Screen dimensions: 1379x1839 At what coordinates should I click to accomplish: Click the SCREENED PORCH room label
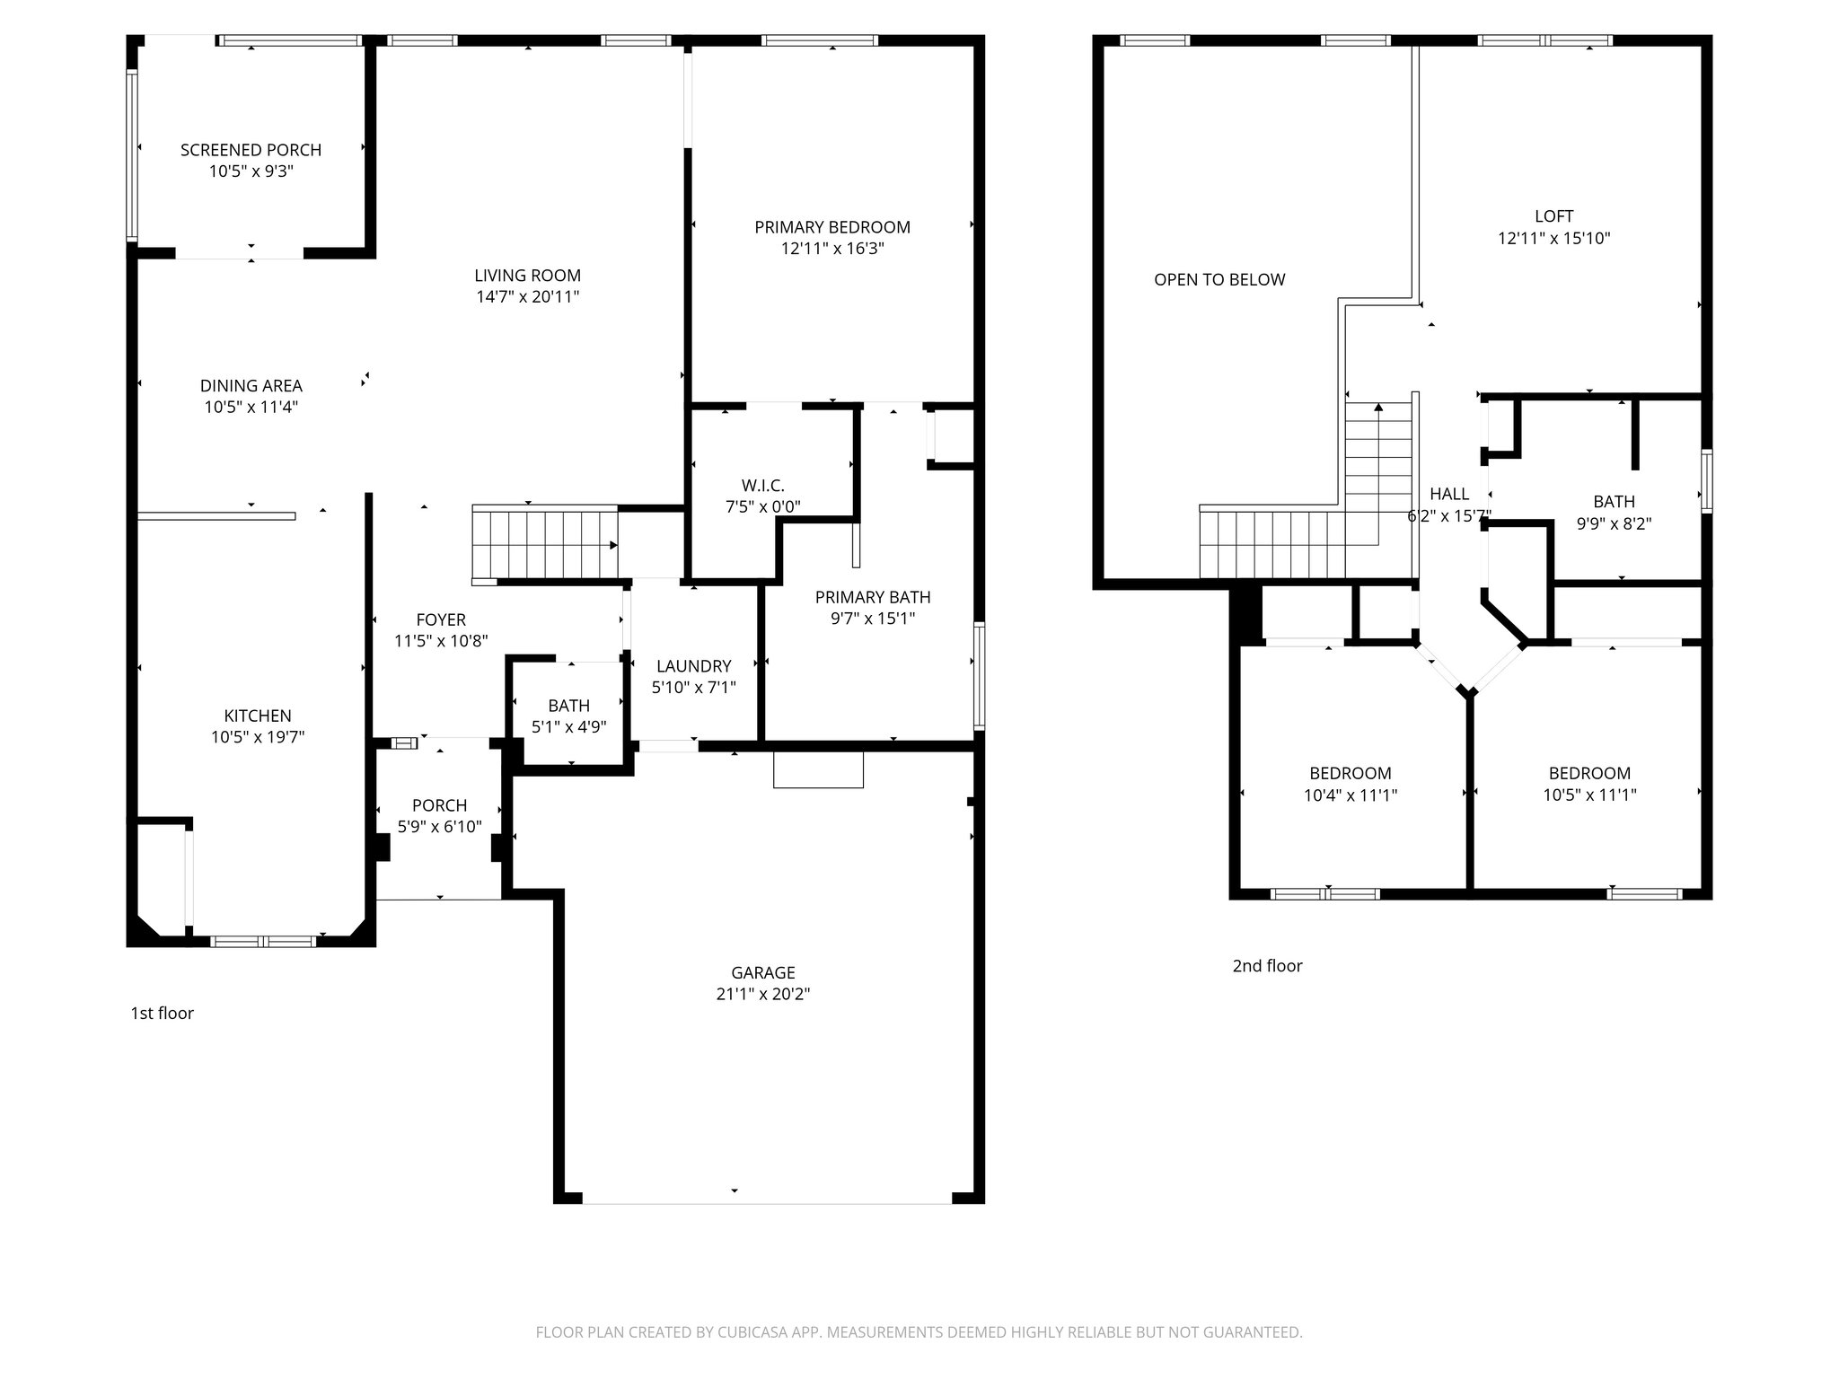click(251, 150)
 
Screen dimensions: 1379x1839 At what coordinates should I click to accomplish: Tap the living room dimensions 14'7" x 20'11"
click(527, 297)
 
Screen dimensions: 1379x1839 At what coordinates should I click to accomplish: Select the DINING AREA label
click(251, 386)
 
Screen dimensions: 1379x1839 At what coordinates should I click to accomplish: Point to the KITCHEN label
click(258, 716)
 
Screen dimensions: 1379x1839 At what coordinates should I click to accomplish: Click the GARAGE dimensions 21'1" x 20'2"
click(762, 994)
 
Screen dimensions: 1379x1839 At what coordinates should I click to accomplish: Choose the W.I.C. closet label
click(762, 486)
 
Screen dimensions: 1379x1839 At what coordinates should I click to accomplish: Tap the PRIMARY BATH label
click(872, 597)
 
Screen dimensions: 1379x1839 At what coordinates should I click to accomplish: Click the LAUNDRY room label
click(693, 666)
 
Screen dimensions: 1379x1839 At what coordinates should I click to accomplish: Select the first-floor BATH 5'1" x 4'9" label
click(568, 706)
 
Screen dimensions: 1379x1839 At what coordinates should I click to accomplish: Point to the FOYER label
click(441, 619)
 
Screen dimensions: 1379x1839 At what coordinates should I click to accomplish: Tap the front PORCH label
click(439, 805)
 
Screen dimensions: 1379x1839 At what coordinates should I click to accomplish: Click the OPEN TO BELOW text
click(1219, 280)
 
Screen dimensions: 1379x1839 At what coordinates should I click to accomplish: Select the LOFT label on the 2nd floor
click(1553, 216)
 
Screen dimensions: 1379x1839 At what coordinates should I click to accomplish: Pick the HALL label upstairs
click(1449, 494)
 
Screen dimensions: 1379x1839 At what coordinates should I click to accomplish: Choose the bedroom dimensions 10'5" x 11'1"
click(1589, 795)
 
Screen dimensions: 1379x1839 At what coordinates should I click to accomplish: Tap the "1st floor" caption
click(162, 1014)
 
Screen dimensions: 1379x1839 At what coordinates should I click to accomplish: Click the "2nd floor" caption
click(1267, 966)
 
